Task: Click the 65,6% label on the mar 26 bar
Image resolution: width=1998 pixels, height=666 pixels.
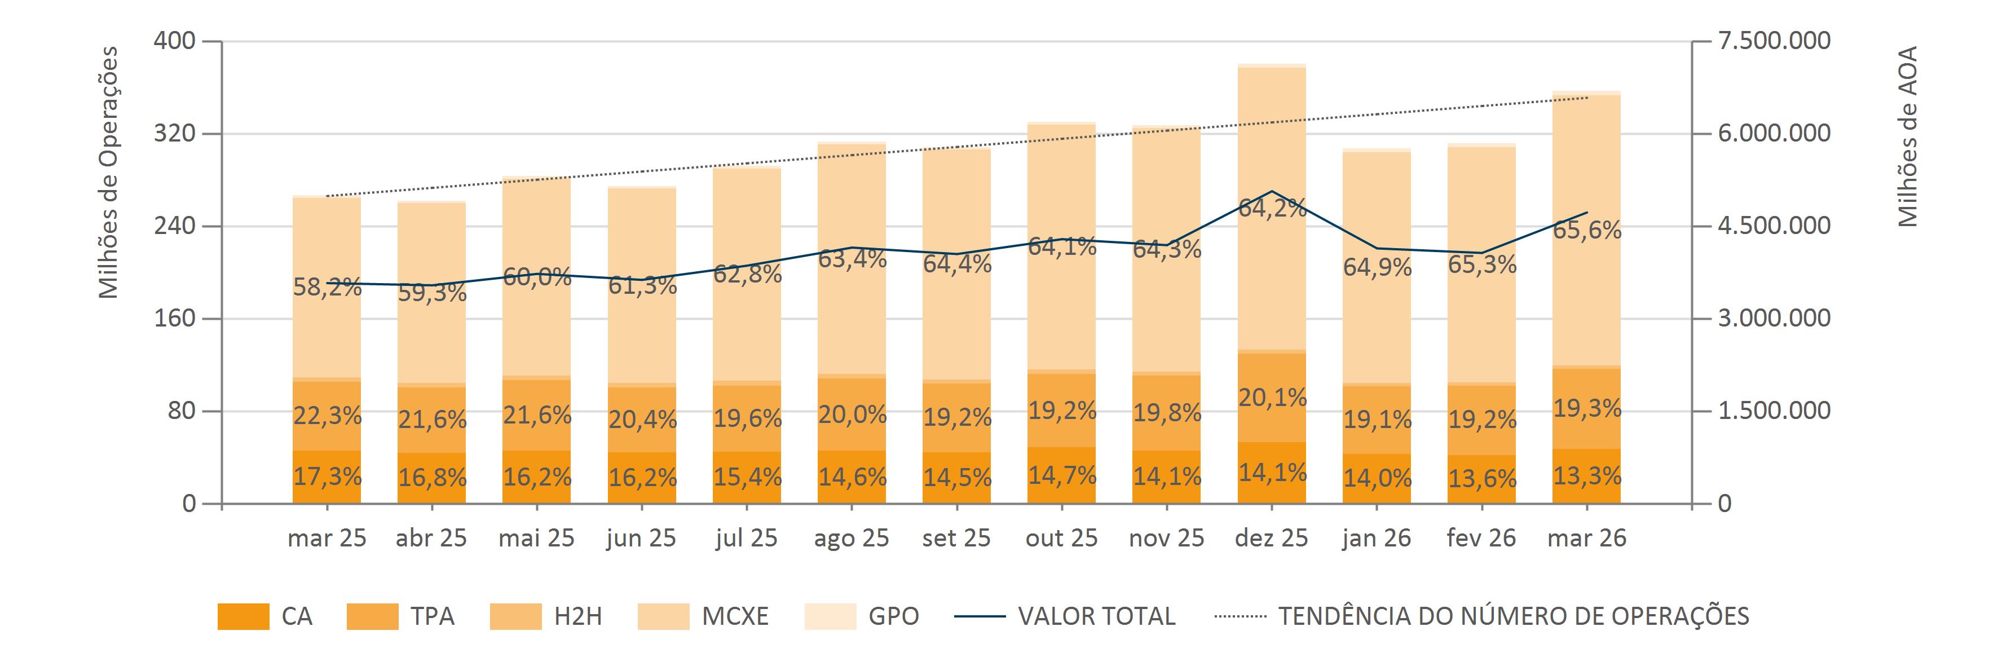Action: [1587, 230]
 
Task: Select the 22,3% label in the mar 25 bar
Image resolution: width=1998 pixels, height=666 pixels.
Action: [327, 416]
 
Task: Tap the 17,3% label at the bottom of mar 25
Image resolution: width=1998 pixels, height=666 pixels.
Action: [327, 476]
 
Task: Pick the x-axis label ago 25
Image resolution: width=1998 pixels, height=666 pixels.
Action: [851, 538]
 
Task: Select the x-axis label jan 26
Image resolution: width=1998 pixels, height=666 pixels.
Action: [1377, 538]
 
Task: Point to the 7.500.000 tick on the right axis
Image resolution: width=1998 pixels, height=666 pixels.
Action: [1775, 40]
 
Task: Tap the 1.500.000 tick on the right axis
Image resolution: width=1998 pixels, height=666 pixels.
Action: [1775, 411]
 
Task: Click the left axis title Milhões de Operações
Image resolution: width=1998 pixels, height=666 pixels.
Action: [109, 172]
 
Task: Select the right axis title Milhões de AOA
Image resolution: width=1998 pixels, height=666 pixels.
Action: [1907, 136]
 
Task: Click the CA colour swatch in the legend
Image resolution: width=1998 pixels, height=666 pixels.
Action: [244, 616]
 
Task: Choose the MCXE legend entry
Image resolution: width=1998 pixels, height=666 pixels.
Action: [734, 616]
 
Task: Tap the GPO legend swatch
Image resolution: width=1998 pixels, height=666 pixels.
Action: [830, 616]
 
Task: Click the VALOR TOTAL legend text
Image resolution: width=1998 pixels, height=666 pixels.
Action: [1096, 616]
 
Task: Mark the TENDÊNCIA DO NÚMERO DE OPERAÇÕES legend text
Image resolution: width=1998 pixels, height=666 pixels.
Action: [1513, 616]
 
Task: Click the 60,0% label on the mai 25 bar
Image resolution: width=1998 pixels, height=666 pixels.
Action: [537, 277]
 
